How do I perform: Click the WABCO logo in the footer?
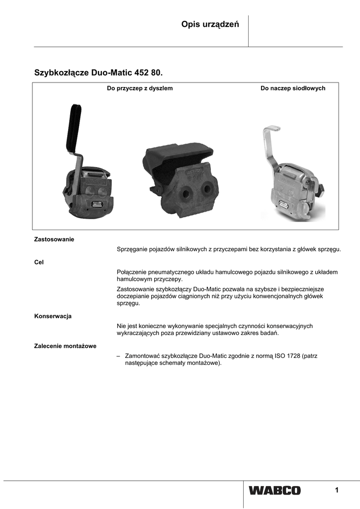coord(274,491)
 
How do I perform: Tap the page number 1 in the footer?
coord(337,491)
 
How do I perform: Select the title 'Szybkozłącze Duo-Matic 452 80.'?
coord(98,73)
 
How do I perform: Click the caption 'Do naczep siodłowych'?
coord(293,88)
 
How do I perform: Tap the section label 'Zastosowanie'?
coord(54,239)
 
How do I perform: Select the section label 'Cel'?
coord(39,262)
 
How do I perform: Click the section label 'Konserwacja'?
coord(53,316)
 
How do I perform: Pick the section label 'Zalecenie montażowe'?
coord(65,345)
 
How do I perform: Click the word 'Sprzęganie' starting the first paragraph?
coord(132,249)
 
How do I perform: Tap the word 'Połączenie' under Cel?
coord(131,272)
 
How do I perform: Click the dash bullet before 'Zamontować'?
coord(118,356)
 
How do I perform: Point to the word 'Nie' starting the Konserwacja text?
coord(121,326)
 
